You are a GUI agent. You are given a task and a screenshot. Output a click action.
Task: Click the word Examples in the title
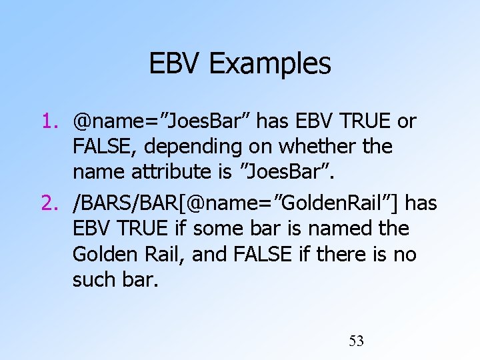click(x=269, y=64)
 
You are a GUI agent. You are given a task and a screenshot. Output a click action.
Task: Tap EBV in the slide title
click(x=175, y=64)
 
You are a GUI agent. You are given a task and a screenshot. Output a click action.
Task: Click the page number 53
click(x=357, y=341)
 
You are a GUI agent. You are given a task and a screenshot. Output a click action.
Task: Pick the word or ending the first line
click(x=406, y=121)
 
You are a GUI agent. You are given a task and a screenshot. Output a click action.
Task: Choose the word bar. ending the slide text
click(x=141, y=279)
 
